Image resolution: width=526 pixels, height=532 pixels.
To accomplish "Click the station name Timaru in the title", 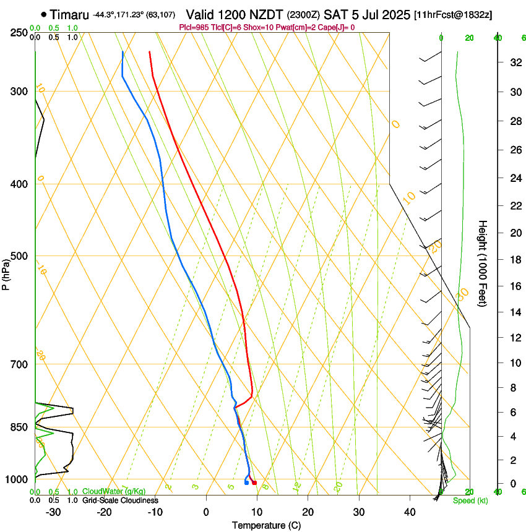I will [x=70, y=14].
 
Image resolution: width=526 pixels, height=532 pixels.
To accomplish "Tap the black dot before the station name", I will [x=43, y=14].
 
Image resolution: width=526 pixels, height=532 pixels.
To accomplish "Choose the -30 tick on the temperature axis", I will [x=53, y=512].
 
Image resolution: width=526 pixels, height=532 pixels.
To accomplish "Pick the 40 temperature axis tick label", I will [x=409, y=512].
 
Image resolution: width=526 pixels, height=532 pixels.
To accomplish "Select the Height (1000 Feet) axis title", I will [x=483, y=263].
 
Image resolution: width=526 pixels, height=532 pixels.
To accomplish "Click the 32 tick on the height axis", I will [x=514, y=62].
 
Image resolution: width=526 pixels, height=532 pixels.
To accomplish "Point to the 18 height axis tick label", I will [x=514, y=260].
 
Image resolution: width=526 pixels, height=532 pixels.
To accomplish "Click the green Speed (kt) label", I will [x=470, y=500].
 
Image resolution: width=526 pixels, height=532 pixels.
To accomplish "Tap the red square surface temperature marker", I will [x=254, y=483].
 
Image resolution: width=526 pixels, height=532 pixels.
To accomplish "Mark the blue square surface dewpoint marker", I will [x=246, y=483].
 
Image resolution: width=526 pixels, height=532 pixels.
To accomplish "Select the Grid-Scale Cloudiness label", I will [x=120, y=500].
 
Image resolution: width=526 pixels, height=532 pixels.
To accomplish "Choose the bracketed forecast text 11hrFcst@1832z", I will [x=454, y=14].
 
